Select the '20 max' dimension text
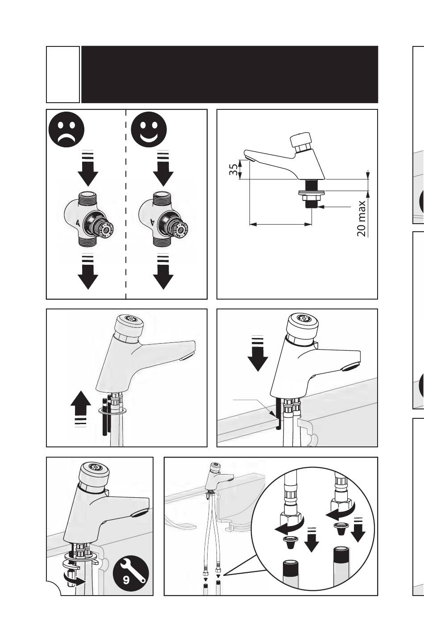point(362,218)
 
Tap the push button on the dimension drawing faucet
point(302,141)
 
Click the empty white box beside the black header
point(63,75)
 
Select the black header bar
point(229,75)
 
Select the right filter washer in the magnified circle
point(341,527)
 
